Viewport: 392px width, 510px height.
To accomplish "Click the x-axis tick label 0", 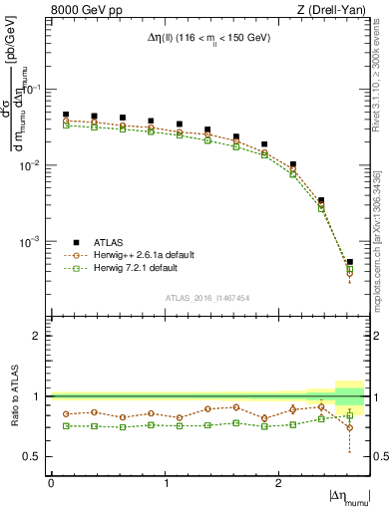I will [51, 482].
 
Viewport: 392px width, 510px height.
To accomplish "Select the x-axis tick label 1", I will [165, 482].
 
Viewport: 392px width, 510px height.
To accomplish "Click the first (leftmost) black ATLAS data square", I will [66, 115].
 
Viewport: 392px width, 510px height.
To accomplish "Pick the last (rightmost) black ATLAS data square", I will [350, 262].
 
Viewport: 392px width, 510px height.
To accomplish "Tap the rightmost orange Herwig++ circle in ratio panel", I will [350, 427].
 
